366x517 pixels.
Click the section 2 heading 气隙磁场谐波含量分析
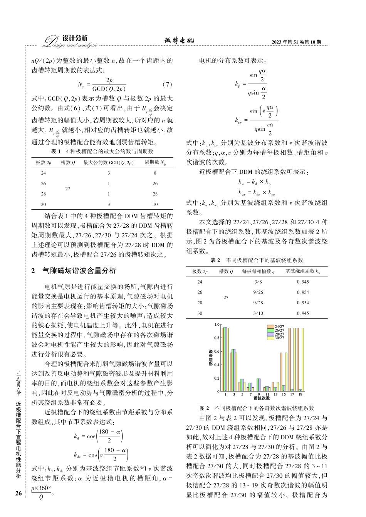pyautogui.click(x=79, y=271)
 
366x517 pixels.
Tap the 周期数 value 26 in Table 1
pyautogui.click(x=155, y=183)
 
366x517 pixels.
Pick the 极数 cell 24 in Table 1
pyautogui.click(x=43, y=173)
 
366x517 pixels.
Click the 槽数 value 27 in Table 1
pyautogui.click(x=68, y=189)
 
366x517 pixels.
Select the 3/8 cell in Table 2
pyautogui.click(x=258, y=282)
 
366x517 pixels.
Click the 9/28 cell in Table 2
pyautogui.click(x=258, y=303)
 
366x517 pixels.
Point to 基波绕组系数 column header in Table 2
pyautogui.click(x=302, y=271)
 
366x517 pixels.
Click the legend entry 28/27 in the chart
pyautogui.click(x=279, y=334)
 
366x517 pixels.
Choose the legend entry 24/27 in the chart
pyautogui.click(x=279, y=327)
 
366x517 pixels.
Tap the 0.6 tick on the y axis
pyautogui.click(x=217, y=351)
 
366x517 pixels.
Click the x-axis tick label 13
pyautogui.click(x=275, y=394)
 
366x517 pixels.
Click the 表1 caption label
pyautogui.click(x=56, y=151)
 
